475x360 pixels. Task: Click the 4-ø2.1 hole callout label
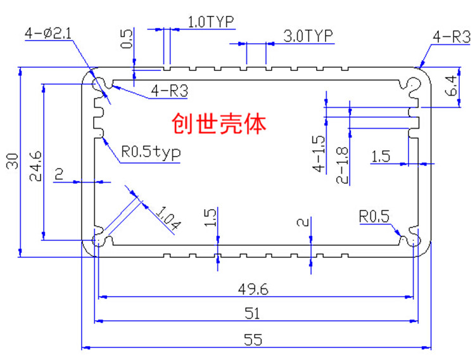pyautogui.click(x=48, y=33)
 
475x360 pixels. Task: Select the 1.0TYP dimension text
pyautogui.click(x=211, y=22)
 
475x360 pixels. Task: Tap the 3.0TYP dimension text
pyautogui.click(x=308, y=35)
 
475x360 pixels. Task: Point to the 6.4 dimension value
pyautogui.click(x=451, y=86)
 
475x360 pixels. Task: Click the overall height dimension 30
pyautogui.click(x=13, y=161)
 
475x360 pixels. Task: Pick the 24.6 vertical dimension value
pyautogui.click(x=35, y=166)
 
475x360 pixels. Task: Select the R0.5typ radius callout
pyautogui.click(x=151, y=152)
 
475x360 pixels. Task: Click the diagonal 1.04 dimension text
pyautogui.click(x=168, y=217)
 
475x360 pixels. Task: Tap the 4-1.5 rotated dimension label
pyautogui.click(x=319, y=153)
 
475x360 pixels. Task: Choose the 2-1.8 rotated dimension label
pyautogui.click(x=342, y=165)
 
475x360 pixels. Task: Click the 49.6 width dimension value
pyautogui.click(x=253, y=289)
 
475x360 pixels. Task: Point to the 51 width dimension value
pyautogui.click(x=252, y=313)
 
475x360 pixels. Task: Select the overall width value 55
pyautogui.click(x=253, y=339)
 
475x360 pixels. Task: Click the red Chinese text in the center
pyautogui.click(x=218, y=124)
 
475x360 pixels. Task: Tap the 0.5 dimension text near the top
pyautogui.click(x=127, y=39)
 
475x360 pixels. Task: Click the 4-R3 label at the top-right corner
pyautogui.click(x=452, y=37)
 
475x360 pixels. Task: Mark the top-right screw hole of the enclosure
pyautogui.click(x=413, y=84)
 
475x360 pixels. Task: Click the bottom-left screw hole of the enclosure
pyautogui.click(x=99, y=240)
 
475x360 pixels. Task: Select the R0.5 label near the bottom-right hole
pyautogui.click(x=374, y=217)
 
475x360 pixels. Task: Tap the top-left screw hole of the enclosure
pyautogui.click(x=99, y=84)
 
